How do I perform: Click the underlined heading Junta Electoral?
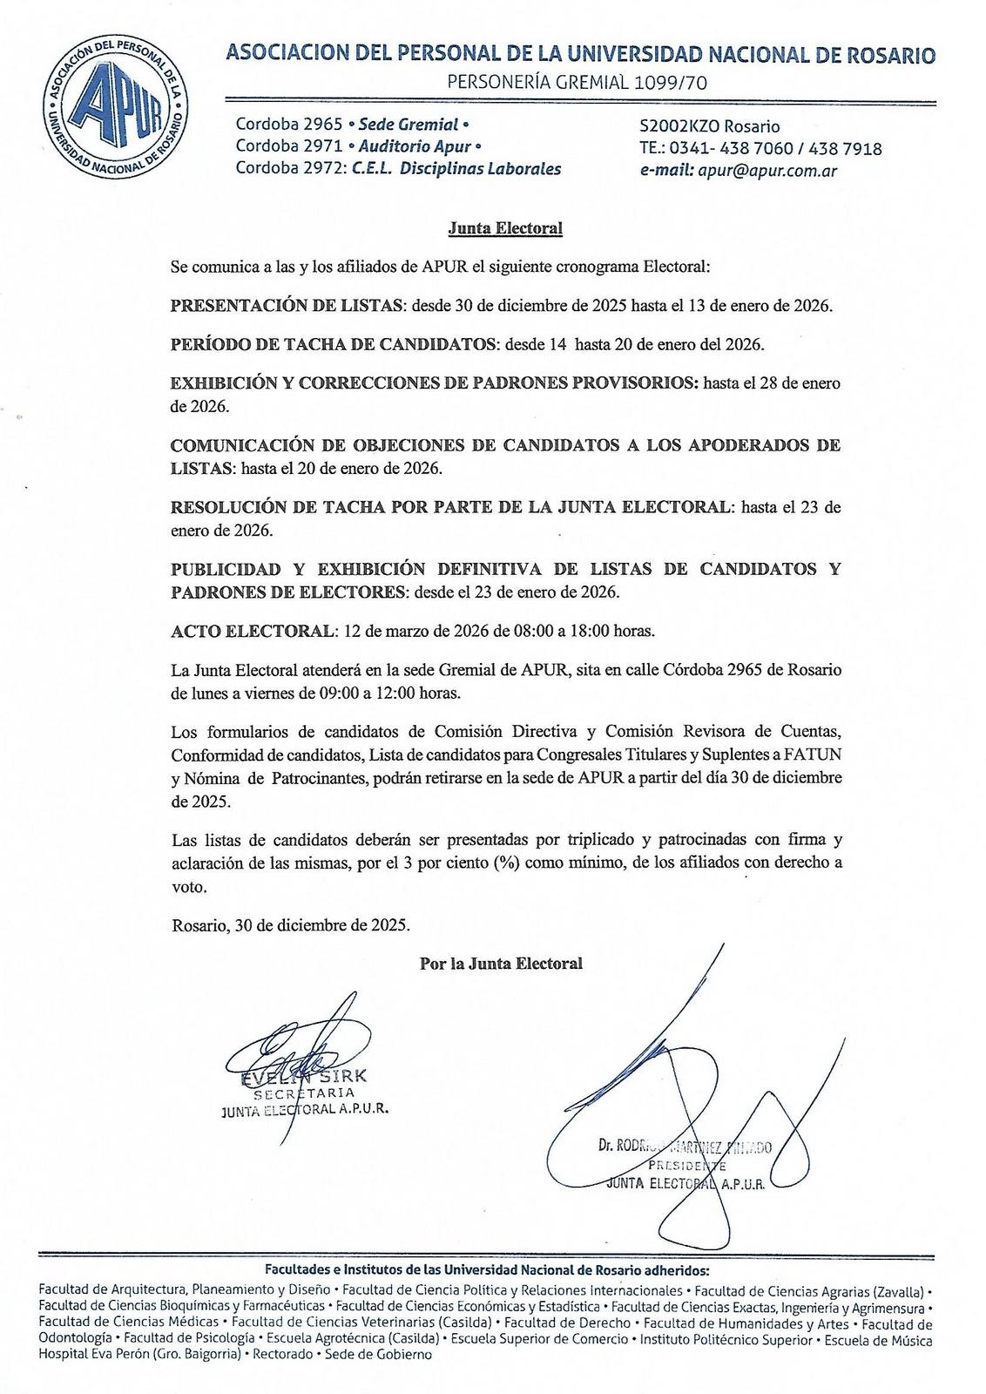pos(505,229)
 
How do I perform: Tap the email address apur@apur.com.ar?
pos(767,171)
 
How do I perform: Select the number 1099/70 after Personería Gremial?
pos(670,84)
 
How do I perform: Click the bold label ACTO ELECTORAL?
pos(252,630)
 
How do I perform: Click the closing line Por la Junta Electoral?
pos(501,964)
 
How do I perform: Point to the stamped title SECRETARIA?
pos(304,1093)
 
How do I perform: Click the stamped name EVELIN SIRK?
pos(305,1076)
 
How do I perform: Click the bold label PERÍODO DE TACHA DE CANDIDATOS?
pos(333,344)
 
